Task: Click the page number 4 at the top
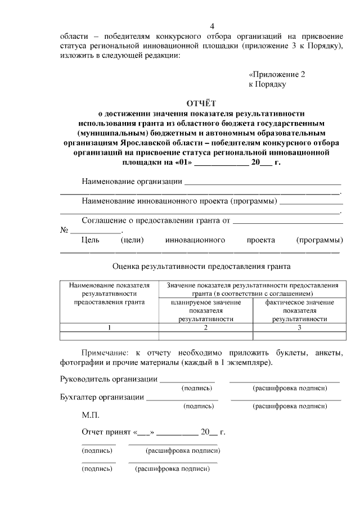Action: click(x=212, y=26)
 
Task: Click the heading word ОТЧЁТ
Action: click(x=201, y=103)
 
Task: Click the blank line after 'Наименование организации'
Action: click(x=263, y=183)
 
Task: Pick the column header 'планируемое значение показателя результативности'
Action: click(x=206, y=310)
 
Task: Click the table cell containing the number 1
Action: click(x=110, y=327)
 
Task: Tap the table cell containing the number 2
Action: click(x=206, y=327)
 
